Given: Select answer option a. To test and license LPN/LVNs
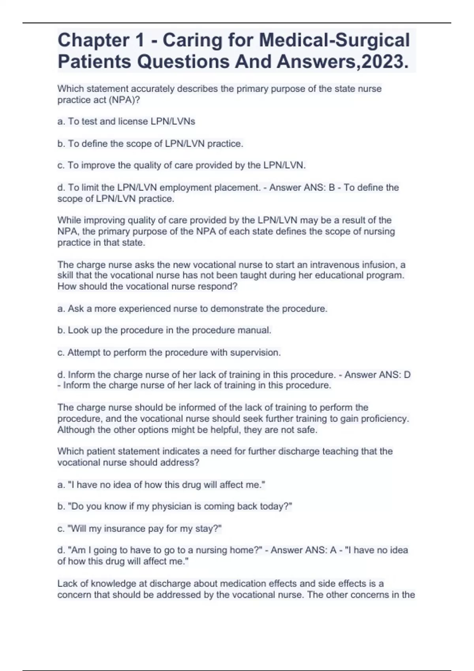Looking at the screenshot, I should click(126, 122).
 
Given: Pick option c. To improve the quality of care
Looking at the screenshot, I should click(181, 165).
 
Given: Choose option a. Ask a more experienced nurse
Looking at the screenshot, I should click(192, 309).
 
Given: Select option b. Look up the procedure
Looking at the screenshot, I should click(164, 330).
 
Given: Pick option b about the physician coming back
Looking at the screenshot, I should click(175, 506).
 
